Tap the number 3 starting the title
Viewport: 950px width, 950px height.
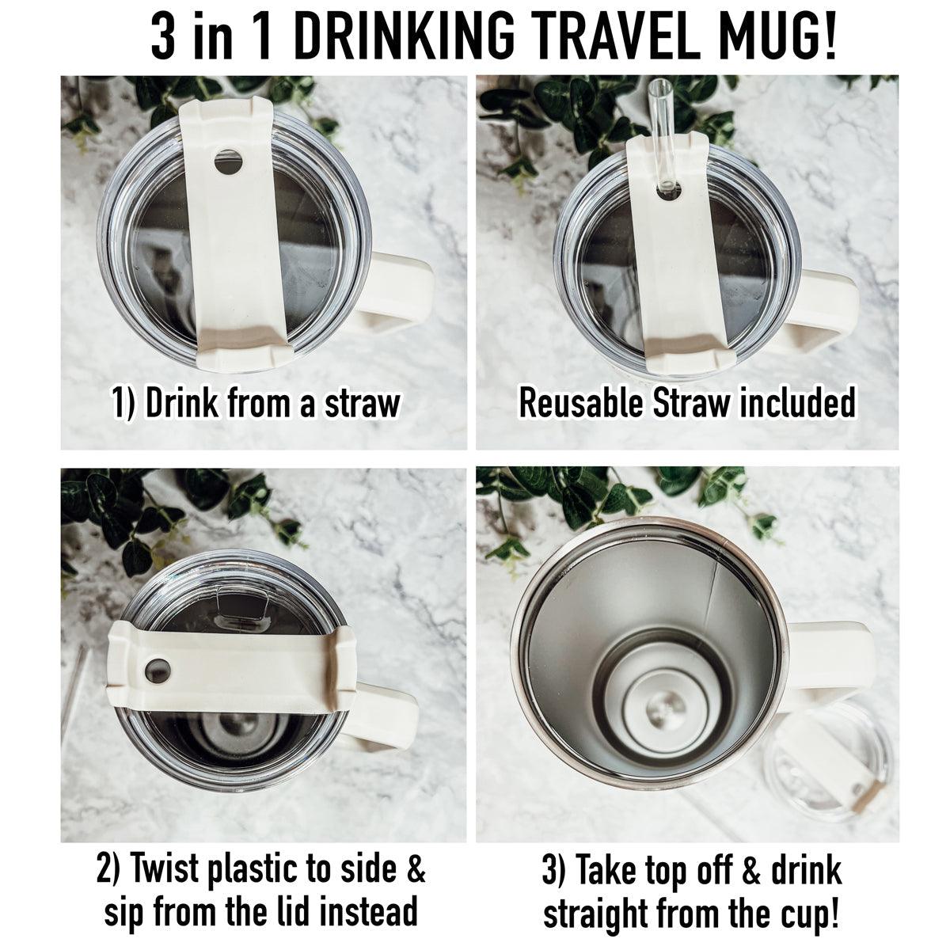click(x=163, y=36)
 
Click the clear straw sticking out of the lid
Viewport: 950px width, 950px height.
click(x=659, y=127)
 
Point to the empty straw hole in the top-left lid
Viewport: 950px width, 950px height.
click(x=228, y=162)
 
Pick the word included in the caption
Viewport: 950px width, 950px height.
click(x=798, y=403)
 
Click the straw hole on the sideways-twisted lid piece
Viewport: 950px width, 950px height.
click(x=158, y=670)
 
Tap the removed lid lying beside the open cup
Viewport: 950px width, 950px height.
click(x=823, y=764)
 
